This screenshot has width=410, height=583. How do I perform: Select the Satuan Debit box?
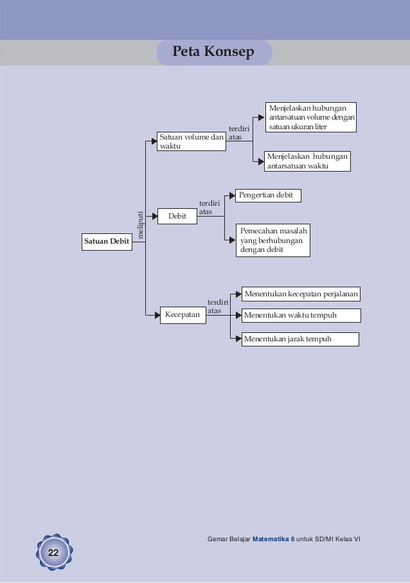[x=106, y=241]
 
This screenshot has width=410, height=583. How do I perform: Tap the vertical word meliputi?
[x=140, y=225]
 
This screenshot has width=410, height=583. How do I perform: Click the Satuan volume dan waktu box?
[x=191, y=141]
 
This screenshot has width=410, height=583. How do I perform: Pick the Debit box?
[x=177, y=217]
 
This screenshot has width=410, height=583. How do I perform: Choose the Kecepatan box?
[x=183, y=315]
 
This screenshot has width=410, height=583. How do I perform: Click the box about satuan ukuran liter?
[x=311, y=116]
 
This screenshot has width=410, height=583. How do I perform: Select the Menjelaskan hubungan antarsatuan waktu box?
[x=307, y=161]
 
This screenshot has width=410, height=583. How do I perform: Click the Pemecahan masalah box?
[x=272, y=240]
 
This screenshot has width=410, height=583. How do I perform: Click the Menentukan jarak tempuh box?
[x=299, y=339]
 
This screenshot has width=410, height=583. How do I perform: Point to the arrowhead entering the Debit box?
[x=154, y=217]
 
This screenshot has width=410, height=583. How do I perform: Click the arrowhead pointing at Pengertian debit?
[x=233, y=194]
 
